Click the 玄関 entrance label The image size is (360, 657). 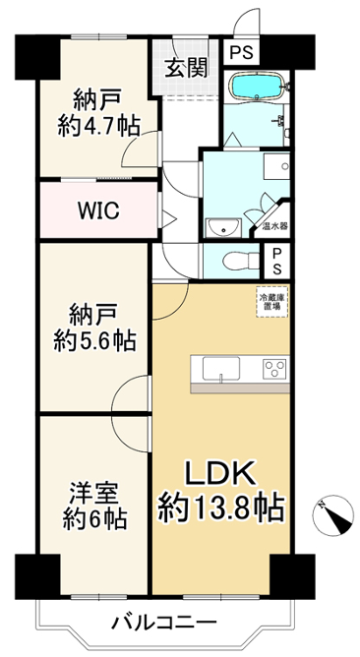pyautogui.click(x=186, y=68)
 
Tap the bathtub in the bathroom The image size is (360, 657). pyautogui.click(x=256, y=87)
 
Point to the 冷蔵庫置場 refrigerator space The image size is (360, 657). pyautogui.click(x=272, y=302)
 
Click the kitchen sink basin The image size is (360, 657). pyautogui.click(x=221, y=368)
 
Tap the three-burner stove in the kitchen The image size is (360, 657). pyautogui.click(x=275, y=369)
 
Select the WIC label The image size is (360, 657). pyautogui.click(x=99, y=210)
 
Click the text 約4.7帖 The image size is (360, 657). pyautogui.click(x=98, y=125)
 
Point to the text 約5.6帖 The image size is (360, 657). pyautogui.click(x=94, y=340)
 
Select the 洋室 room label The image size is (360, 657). pyautogui.click(x=94, y=495)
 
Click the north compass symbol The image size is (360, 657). pyautogui.click(x=333, y=516)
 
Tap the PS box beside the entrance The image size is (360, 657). pyautogui.click(x=242, y=53)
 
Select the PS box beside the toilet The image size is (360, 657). pyautogui.click(x=277, y=261)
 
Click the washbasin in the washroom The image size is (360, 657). pyautogui.click(x=222, y=227)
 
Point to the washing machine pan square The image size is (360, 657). pyautogui.click(x=276, y=166)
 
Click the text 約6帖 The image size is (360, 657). pyautogui.click(x=94, y=519)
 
